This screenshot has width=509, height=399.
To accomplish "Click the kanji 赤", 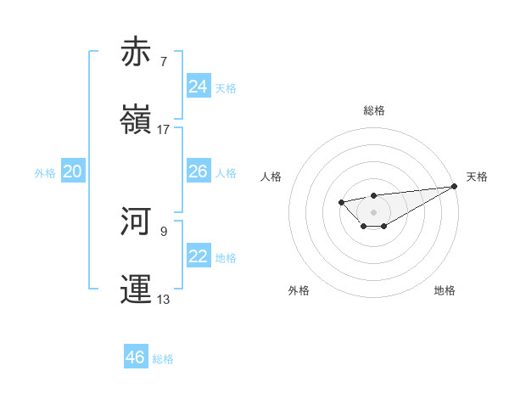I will click(136, 52).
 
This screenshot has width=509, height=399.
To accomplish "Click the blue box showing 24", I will click(198, 87).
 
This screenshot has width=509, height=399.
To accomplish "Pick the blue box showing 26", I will click(198, 171).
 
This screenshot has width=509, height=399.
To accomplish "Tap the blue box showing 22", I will click(198, 256).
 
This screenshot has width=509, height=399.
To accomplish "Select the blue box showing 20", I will click(72, 171).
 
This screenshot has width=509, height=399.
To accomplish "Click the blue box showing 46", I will click(135, 357).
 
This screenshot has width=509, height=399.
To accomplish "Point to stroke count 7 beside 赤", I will click(163, 62).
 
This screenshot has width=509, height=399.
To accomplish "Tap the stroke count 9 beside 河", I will click(163, 231).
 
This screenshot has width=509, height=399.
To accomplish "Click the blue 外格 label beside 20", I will click(45, 173).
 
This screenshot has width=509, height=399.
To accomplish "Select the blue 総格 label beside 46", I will click(163, 359).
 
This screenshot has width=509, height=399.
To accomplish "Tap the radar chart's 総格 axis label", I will click(373, 110).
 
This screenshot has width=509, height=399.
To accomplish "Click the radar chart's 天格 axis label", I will click(477, 177).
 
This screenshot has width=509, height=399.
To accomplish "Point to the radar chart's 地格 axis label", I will click(445, 290).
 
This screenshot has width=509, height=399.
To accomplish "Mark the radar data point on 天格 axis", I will click(454, 186).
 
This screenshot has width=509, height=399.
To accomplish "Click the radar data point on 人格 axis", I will click(341, 202).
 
